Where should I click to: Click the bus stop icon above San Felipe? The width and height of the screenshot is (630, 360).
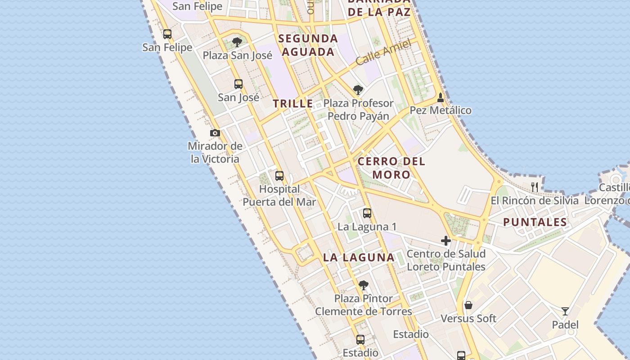(x=167, y=34)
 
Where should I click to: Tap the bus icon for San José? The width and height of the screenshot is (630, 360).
(x=238, y=84)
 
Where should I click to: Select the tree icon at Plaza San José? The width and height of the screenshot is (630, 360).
(x=237, y=42)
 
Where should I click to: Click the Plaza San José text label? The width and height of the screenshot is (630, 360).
(x=238, y=55)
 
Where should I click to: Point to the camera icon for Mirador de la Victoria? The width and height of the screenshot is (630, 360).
(x=215, y=133)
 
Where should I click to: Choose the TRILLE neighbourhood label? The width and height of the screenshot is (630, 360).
(x=293, y=103)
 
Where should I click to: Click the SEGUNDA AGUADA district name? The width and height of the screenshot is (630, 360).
(x=308, y=45)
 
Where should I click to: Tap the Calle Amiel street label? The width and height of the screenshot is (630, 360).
(x=383, y=53)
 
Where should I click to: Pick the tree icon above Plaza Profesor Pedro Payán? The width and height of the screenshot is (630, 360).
(x=358, y=90)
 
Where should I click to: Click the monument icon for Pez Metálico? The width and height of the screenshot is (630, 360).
(x=441, y=97)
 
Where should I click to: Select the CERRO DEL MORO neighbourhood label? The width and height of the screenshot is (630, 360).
(x=391, y=168)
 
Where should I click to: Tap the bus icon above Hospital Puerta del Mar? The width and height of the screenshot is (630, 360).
(x=279, y=176)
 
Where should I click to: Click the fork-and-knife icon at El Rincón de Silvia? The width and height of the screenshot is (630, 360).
(x=535, y=187)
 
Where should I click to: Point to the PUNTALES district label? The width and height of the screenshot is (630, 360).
(x=535, y=222)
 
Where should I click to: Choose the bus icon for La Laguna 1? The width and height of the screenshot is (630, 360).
(x=367, y=213)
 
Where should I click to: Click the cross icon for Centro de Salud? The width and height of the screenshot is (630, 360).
(x=446, y=241)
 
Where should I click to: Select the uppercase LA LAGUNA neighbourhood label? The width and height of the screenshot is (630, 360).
(x=359, y=257)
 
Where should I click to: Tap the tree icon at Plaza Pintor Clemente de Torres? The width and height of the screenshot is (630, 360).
(x=364, y=285)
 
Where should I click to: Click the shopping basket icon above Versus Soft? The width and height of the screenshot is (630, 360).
(x=468, y=305)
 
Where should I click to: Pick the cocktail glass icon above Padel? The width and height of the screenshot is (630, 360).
(x=565, y=311)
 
